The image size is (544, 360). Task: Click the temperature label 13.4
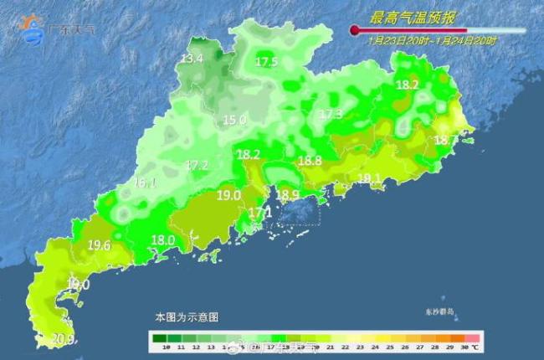pyautogui.click(x=192, y=59)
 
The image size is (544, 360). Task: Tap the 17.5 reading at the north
pyautogui.click(x=267, y=62)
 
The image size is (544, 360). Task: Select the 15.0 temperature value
pyautogui.click(x=234, y=120)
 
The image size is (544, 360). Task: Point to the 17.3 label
pyautogui.click(x=331, y=114)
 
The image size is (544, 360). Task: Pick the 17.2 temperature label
pyautogui.click(x=197, y=165)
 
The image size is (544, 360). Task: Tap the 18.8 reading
pyautogui.click(x=310, y=161)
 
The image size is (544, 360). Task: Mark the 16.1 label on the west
pyautogui.click(x=146, y=183)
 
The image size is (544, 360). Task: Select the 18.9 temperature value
pyautogui.click(x=288, y=195)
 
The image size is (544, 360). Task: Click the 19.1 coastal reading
pyautogui.click(x=370, y=178)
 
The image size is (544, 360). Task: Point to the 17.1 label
pyautogui.click(x=260, y=213)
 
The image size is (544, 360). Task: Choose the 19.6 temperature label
pyautogui.click(x=99, y=245)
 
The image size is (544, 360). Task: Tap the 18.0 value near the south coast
pyautogui.click(x=162, y=240)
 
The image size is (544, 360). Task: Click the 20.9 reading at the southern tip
pyautogui.click(x=64, y=339)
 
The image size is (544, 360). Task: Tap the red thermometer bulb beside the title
pyautogui.click(x=355, y=31)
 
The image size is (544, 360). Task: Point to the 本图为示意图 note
pyautogui.click(x=187, y=318)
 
